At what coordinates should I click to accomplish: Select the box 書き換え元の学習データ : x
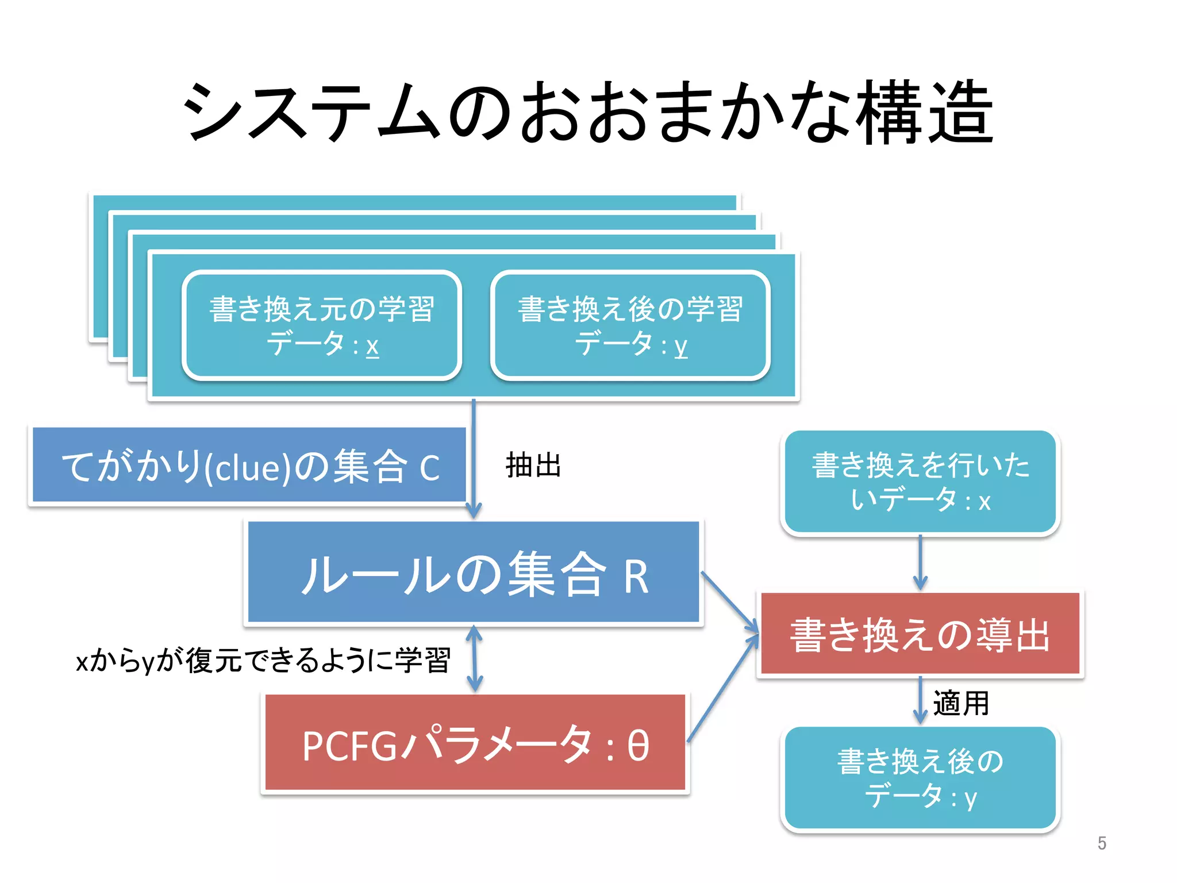coord(322,325)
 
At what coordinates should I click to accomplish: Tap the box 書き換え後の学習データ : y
coord(630,325)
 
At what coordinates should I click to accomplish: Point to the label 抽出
coord(533,465)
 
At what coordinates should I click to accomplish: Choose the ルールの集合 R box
coord(474,573)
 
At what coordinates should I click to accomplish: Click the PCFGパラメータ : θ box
coord(475,744)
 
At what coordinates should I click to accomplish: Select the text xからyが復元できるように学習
coord(263,660)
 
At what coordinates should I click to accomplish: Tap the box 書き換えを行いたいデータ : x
coord(920,482)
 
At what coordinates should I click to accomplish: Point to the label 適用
coord(961,703)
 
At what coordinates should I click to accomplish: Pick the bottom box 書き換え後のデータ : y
coord(920,778)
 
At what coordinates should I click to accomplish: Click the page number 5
coord(1101,843)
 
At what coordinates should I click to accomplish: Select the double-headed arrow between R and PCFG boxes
coord(474,659)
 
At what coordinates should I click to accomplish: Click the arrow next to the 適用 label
coord(920,700)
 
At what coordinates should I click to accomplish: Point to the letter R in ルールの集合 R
coord(636,577)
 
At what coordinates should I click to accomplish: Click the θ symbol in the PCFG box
coord(638,746)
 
